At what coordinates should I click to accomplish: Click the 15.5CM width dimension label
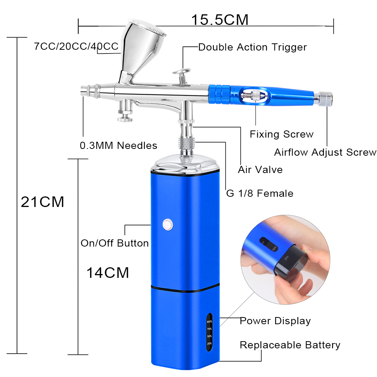tap(220, 20)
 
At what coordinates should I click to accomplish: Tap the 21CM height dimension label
tap(43, 202)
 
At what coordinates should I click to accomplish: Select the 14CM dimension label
tap(108, 273)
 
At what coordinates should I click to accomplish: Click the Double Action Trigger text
tap(253, 48)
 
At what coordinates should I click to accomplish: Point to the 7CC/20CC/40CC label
tap(76, 46)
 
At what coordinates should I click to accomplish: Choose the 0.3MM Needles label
tap(118, 146)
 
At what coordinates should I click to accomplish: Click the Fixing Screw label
tap(282, 134)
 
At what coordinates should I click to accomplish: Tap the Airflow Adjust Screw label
tap(325, 152)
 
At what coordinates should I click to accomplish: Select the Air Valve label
tap(260, 170)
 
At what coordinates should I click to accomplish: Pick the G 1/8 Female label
tap(260, 193)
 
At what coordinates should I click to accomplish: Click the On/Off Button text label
tap(115, 243)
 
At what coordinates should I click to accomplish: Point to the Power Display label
tap(275, 321)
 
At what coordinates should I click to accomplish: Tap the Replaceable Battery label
tap(290, 345)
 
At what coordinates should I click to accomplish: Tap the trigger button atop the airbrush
tap(182, 75)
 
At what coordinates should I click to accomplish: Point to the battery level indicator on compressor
tap(209, 332)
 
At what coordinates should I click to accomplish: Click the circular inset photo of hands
tap(285, 260)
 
